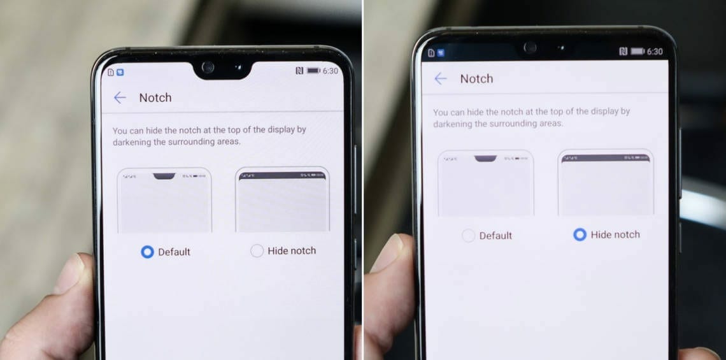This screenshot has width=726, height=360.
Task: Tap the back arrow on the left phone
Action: [119, 97]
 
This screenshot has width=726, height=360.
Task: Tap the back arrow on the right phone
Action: [440, 78]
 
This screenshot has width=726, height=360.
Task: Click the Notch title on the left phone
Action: [155, 97]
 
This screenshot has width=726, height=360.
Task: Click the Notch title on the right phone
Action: [476, 78]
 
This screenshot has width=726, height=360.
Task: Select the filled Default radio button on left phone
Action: [147, 252]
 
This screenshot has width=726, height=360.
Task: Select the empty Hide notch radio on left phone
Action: [257, 251]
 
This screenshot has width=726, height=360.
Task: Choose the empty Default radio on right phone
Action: [468, 236]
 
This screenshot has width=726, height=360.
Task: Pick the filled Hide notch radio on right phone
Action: [580, 234]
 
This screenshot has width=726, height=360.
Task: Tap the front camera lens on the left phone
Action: [208, 66]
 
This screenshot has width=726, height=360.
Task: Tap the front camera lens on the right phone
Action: [529, 48]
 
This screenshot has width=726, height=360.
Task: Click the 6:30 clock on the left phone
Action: [331, 71]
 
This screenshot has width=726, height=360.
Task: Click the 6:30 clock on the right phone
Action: [655, 52]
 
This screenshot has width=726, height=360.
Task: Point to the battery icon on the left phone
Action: [313, 71]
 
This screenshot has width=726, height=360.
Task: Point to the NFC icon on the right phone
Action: [623, 52]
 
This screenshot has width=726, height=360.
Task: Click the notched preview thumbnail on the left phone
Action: [164, 200]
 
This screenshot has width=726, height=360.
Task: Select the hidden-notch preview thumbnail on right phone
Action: [605, 183]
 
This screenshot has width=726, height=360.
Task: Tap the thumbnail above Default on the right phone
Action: [485, 184]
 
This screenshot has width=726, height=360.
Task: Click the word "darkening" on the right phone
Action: [453, 124]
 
